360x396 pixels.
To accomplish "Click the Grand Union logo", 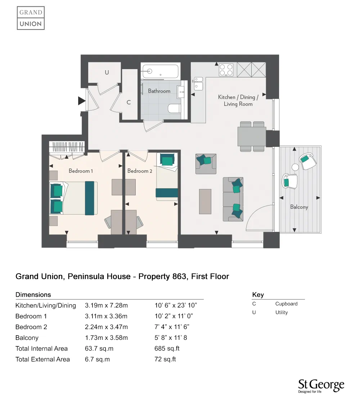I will coord(31,18).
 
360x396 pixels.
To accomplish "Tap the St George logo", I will coord(321,386).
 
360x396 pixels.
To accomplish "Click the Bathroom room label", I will coord(159,91).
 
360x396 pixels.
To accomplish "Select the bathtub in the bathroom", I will coord(160,71).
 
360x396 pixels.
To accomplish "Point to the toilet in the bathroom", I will coord(175,108).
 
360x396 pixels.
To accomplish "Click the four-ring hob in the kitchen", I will coord(226,70).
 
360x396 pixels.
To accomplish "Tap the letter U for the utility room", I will coord(107,72).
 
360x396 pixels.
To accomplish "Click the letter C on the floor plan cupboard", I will coord(128,102).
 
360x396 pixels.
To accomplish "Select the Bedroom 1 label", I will coord(81,171).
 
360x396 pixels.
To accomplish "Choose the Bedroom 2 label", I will coord(140,171).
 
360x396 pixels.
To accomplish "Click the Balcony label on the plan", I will coord(299,207).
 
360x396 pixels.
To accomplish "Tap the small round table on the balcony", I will coord(295,167).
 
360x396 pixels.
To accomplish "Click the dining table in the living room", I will coord(252,136).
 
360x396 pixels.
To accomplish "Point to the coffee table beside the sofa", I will coord(205,201).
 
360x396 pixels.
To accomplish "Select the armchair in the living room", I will coord(206,163).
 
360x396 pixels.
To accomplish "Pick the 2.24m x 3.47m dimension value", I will coord(106,327).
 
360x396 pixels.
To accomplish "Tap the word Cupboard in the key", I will coord(286,304).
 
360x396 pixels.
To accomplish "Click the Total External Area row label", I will coord(42,359).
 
